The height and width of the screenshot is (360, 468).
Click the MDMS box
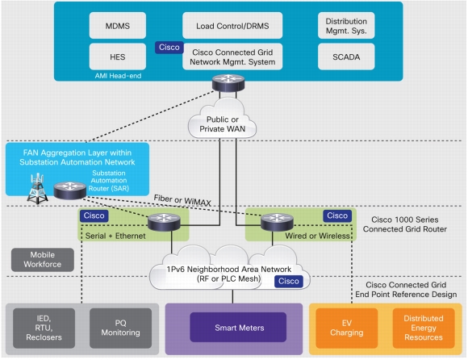click(x=118, y=26)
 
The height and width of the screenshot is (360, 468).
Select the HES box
click(x=118, y=57)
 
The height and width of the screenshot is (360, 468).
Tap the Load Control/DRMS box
click(x=232, y=26)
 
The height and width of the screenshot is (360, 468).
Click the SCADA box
click(x=346, y=57)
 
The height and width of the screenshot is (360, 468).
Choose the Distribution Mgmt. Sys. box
click(x=346, y=26)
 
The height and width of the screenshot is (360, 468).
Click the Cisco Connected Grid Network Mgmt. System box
click(x=232, y=57)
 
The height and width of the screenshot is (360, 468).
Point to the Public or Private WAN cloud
click(x=223, y=119)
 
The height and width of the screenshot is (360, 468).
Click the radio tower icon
click(x=37, y=189)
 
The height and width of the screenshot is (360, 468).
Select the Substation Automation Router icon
click(x=70, y=190)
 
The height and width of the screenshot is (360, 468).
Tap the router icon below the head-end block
click(x=228, y=83)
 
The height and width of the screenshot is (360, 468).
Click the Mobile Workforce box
click(x=43, y=260)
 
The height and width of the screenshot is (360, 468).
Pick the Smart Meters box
click(x=238, y=328)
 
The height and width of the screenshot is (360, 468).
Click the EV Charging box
click(x=346, y=328)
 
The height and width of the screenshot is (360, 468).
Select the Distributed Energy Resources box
click(x=424, y=328)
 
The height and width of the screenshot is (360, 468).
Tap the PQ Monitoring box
click(x=120, y=328)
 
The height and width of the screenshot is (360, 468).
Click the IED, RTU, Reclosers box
click(x=44, y=328)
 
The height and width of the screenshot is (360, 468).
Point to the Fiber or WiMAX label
click(x=182, y=200)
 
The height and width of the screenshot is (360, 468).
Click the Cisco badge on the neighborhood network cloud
click(x=289, y=281)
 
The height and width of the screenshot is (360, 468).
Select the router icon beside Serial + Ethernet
click(x=164, y=223)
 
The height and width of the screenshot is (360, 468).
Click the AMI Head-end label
click(x=118, y=76)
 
